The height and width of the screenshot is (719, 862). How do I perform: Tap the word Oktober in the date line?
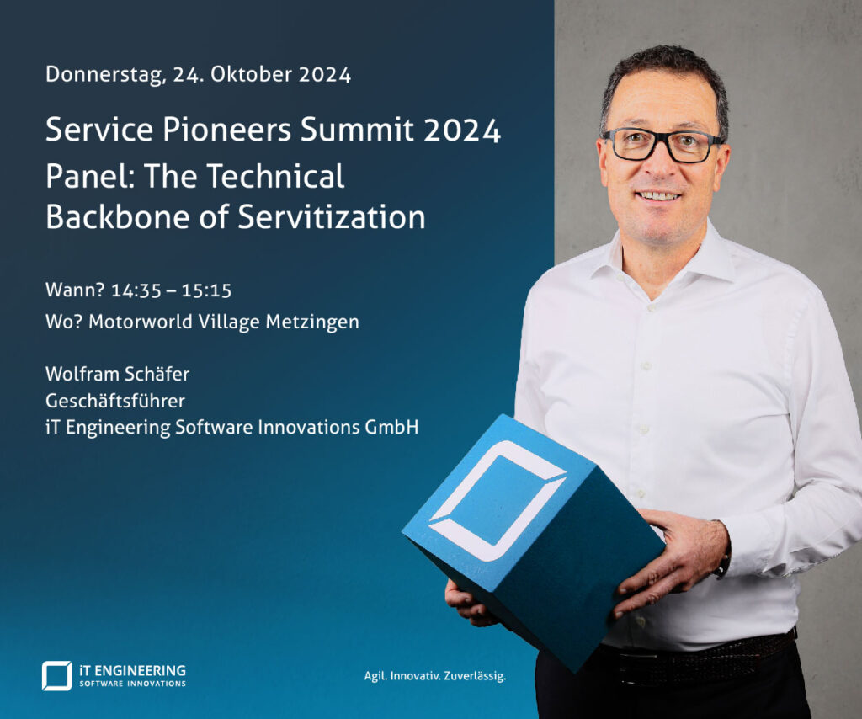pyautogui.click(x=251, y=74)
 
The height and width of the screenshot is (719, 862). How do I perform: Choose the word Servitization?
pyautogui.click(x=332, y=216)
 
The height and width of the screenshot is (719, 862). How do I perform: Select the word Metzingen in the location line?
pyautogui.click(x=312, y=322)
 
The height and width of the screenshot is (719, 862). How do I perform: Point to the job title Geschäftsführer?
pyautogui.click(x=115, y=401)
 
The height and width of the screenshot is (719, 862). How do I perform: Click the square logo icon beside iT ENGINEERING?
pyautogui.click(x=56, y=675)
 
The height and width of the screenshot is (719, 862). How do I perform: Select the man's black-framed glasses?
pyautogui.click(x=662, y=145)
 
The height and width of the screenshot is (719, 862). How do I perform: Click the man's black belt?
pyautogui.click(x=697, y=659)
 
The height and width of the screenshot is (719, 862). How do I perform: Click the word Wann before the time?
pyautogui.click(x=75, y=290)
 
